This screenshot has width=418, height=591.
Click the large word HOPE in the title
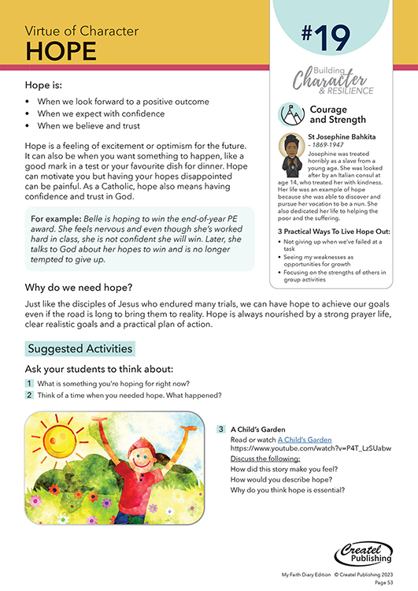click(x=61, y=50)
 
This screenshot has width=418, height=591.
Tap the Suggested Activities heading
click(x=80, y=348)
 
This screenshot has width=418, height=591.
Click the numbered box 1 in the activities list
click(x=29, y=383)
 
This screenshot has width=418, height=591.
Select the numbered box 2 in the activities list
click(x=29, y=395)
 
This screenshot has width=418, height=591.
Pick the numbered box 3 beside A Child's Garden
click(x=222, y=429)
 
